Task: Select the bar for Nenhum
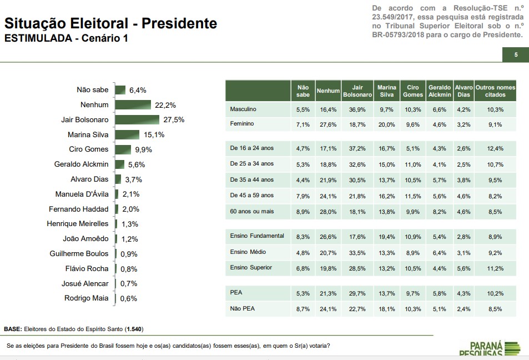[133, 104]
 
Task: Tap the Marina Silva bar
[127, 134]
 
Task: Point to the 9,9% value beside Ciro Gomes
[143, 149]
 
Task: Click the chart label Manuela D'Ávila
[82, 194]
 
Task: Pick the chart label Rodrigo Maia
[86, 298]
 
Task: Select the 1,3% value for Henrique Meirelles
[130, 224]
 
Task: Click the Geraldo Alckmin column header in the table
[439, 91]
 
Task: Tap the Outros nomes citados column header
[495, 91]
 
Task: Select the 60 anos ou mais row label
[251, 211]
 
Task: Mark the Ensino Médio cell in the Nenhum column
[328, 252]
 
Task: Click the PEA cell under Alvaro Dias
[463, 293]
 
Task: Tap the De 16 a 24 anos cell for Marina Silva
[386, 149]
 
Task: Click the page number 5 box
[516, 54]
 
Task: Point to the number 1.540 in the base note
[134, 329]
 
